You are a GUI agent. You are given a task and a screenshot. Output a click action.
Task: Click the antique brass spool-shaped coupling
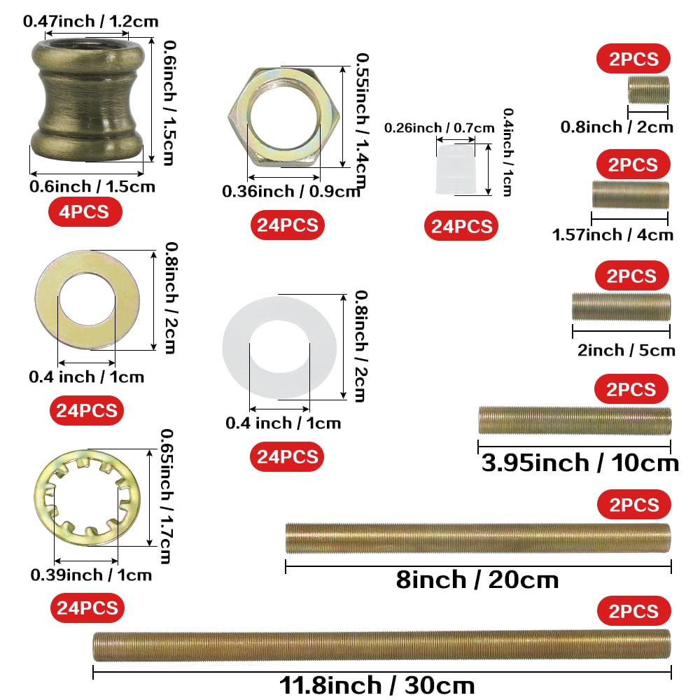(x=88, y=99)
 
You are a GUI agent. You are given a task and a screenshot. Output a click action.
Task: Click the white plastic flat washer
(x=234, y=347)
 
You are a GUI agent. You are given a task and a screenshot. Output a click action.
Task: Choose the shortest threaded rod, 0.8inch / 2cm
(x=649, y=90)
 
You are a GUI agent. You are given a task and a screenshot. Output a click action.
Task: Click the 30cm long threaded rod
(x=381, y=645)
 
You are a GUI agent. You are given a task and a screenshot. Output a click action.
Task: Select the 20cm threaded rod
(x=478, y=539)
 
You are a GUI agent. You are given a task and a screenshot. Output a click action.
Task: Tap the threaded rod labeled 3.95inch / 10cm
(x=575, y=420)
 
